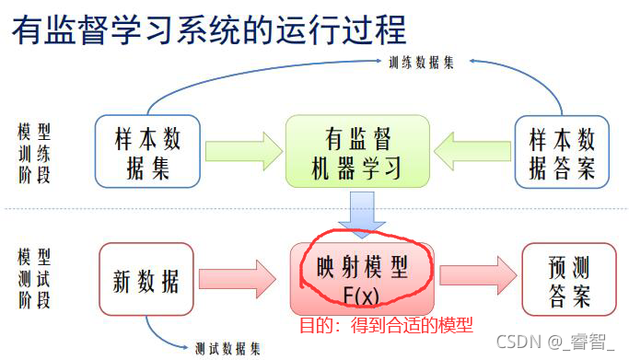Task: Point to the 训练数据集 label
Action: [426, 62]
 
